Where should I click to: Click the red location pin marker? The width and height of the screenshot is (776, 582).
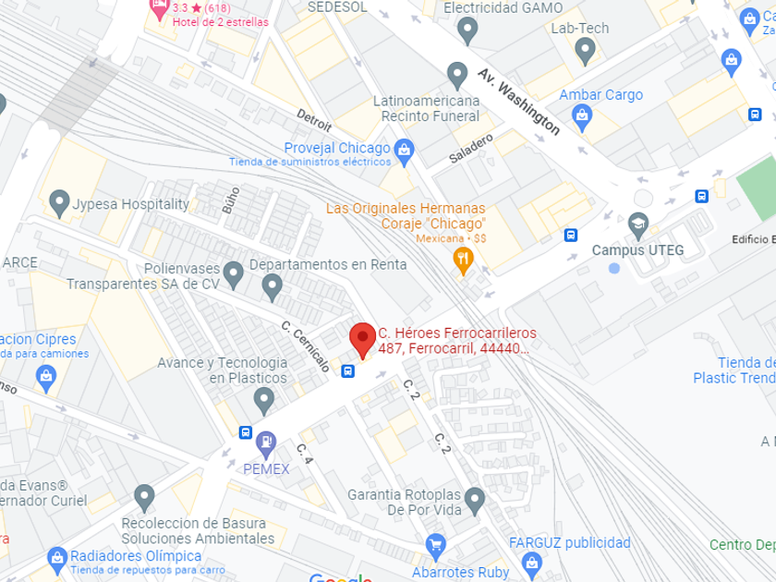[x=362, y=338]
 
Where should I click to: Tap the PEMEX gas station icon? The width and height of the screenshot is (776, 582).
[x=266, y=444]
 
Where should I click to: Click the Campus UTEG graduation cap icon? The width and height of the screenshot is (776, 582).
[x=638, y=224]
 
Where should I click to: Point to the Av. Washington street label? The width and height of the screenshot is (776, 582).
[x=519, y=101]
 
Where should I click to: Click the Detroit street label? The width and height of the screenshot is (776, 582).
[x=314, y=121]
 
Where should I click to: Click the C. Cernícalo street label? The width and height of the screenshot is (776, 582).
[x=306, y=346]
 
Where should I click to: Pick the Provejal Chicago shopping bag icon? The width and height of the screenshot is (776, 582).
[x=404, y=149]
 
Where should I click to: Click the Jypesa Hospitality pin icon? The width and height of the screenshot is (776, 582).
[x=60, y=203]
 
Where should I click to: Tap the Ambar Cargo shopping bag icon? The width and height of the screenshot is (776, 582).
[x=582, y=116]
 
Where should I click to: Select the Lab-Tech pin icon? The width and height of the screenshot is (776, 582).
[x=584, y=52]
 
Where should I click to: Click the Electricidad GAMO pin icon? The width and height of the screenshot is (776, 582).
[x=467, y=30]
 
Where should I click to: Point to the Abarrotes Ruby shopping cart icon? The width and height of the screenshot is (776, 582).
[x=436, y=545]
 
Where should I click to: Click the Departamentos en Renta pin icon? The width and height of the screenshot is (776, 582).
[x=272, y=287]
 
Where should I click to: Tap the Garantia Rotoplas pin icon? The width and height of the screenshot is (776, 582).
[x=475, y=502]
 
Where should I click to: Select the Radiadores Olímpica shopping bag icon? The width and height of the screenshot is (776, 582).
[x=57, y=558]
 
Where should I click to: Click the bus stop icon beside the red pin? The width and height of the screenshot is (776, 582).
[x=348, y=371]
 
